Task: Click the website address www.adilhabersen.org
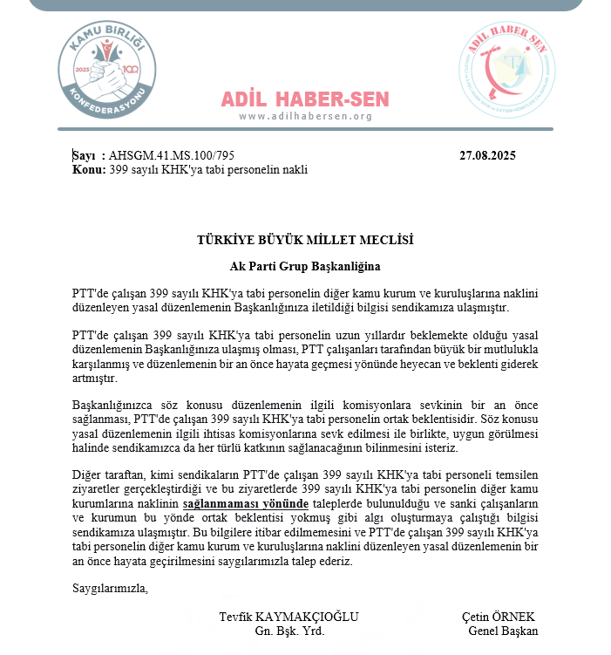click(305, 116)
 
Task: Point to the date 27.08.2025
click(487, 156)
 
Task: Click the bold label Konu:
click(89, 169)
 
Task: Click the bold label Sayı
click(84, 156)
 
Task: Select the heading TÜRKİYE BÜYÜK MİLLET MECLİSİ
click(305, 240)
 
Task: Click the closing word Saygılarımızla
click(110, 587)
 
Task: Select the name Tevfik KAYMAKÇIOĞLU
click(289, 617)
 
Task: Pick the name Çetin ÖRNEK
click(499, 617)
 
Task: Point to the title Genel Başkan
click(503, 631)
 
